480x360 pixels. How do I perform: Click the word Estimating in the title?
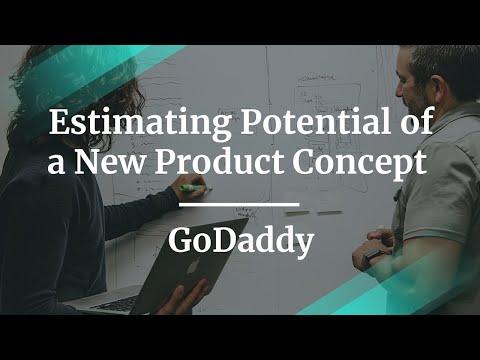(140, 124)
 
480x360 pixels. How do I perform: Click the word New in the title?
(110, 162)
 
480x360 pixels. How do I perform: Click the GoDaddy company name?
(241, 241)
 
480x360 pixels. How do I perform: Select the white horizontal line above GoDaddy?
(239, 204)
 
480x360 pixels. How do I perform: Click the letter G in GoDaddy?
(181, 240)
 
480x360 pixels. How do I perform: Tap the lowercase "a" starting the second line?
(56, 165)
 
